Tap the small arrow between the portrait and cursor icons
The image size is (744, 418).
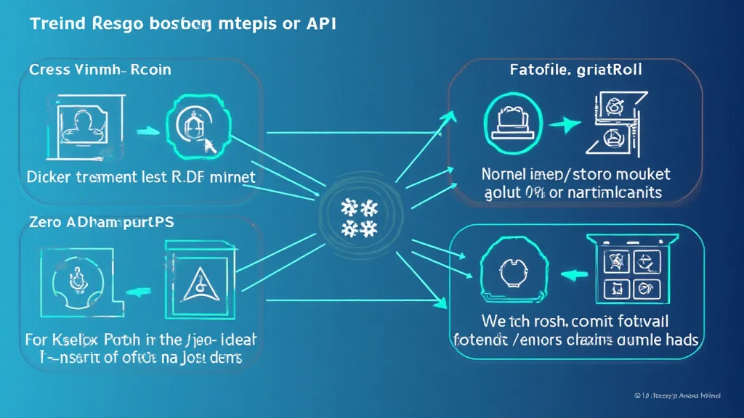145,131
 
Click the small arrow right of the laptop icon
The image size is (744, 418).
560,124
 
